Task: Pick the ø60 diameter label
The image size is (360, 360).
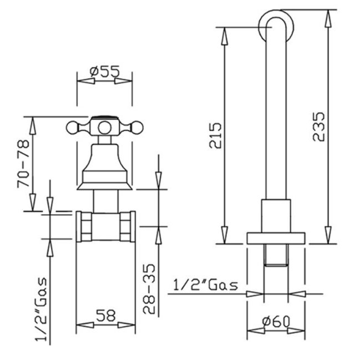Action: [x=275, y=322]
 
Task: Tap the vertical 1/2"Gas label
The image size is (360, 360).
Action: [x=41, y=308]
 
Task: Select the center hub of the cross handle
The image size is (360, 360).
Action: [x=104, y=128]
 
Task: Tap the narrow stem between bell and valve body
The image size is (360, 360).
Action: [x=104, y=200]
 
